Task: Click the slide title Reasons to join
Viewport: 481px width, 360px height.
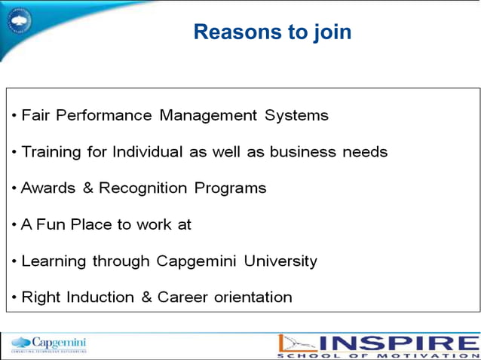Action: (272, 32)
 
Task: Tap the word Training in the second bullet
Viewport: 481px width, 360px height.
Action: (51, 152)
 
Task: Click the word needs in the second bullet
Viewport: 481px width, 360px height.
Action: (365, 152)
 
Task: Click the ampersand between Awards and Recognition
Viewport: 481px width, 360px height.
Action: (88, 188)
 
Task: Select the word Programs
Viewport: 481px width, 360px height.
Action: (231, 188)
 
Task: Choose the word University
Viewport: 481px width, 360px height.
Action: (279, 261)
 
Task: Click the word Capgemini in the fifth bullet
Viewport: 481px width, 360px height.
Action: (195, 261)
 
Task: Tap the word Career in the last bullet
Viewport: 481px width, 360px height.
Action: (185, 297)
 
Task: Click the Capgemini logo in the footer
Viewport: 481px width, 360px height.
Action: (50, 345)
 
